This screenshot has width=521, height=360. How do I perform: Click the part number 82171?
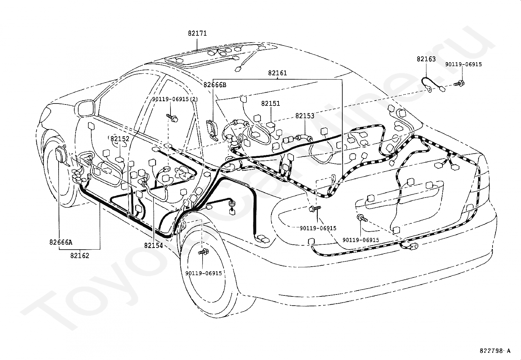(197, 33)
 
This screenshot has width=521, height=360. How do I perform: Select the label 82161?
(278, 73)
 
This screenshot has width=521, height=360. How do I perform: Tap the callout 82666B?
(215, 85)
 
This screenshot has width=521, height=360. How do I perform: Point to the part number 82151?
(271, 104)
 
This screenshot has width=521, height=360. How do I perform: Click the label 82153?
(305, 116)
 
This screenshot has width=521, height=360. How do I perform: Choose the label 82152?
(120, 139)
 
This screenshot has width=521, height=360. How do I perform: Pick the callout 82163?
(426, 59)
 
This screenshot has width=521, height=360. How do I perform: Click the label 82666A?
(61, 242)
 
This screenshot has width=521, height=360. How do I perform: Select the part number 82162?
(80, 256)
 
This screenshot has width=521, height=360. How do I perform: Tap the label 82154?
(153, 245)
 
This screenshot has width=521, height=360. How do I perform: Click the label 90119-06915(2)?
(175, 99)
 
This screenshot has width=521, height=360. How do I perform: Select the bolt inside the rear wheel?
(204, 252)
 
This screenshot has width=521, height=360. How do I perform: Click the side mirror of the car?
(85, 108)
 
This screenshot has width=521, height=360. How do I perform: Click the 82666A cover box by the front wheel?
(61, 155)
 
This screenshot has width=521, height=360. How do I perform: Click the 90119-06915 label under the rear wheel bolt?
(204, 273)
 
